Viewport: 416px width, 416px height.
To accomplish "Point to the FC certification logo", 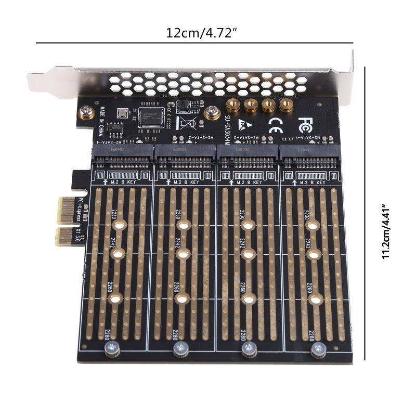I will click(305, 125).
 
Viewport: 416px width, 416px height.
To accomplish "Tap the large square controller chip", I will click(151, 118).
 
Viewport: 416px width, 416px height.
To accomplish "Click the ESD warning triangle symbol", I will click(243, 125).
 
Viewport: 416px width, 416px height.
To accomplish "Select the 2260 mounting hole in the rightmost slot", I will click(314, 300).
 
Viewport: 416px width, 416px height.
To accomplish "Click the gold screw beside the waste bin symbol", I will click(211, 112).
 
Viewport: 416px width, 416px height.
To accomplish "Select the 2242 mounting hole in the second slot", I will click(183, 254).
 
